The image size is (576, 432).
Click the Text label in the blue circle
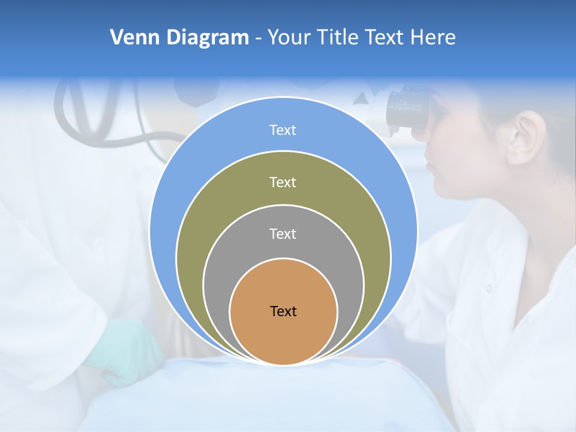[x=283, y=130]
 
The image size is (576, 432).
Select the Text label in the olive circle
[x=283, y=182]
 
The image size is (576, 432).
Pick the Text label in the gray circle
[x=283, y=234]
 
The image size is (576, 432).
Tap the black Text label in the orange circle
[x=283, y=311]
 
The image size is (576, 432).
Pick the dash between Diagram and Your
[x=257, y=38]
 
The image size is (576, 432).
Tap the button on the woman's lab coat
[x=488, y=288]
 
